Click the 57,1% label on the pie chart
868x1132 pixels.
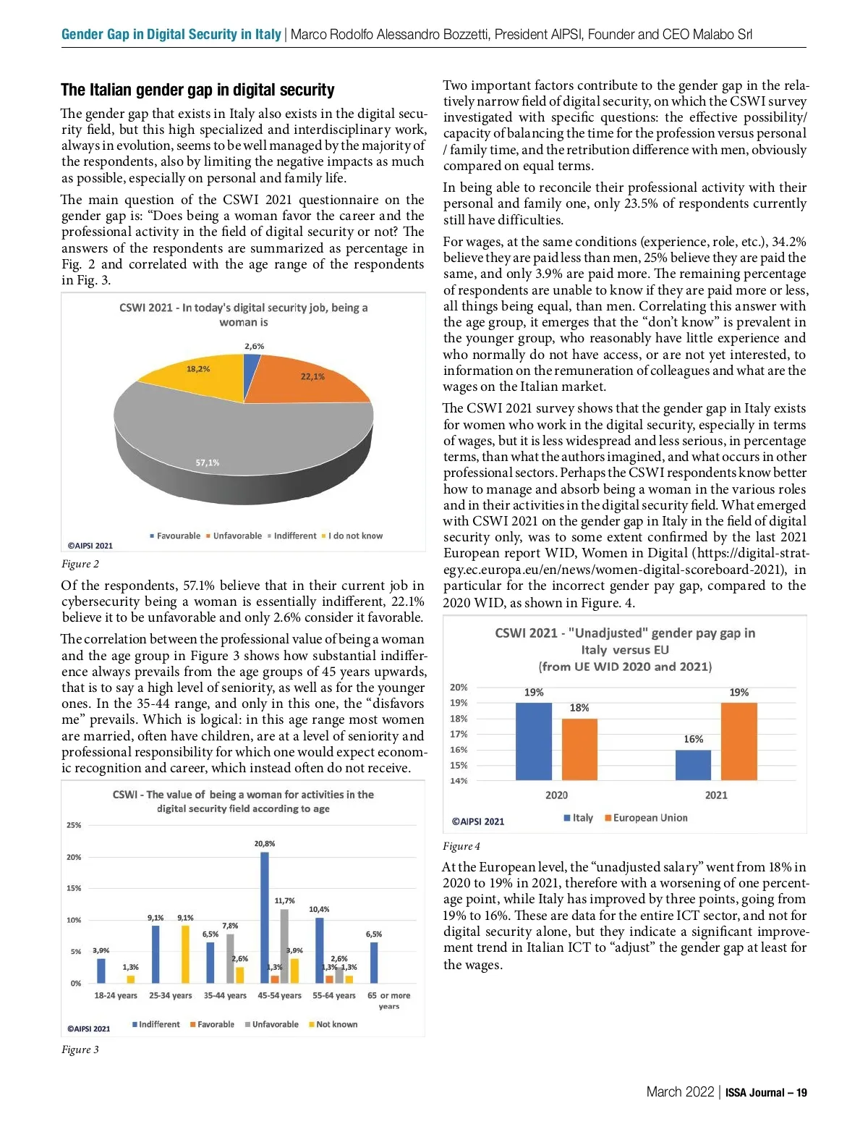208,462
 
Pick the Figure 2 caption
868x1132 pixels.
80,564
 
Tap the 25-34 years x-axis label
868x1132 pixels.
171,995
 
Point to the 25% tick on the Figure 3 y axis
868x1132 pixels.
74,825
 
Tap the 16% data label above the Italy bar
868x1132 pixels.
693,739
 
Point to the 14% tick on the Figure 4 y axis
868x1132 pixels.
459,781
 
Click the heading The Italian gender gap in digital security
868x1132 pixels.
197,90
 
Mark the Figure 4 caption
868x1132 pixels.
461,846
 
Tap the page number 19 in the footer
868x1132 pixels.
801,1093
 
